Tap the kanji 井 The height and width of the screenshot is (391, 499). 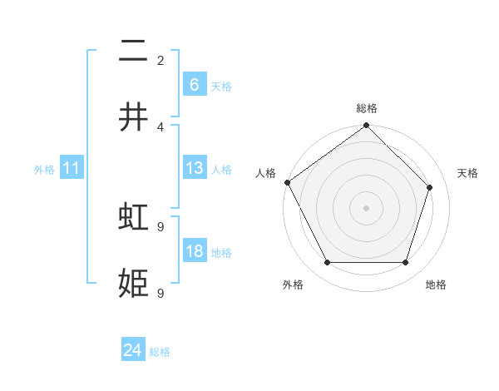tap(133, 117)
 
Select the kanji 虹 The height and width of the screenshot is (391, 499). tap(133, 217)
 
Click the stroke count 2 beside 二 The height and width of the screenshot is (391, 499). tap(161, 60)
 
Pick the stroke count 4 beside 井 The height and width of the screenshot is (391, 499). tap(161, 126)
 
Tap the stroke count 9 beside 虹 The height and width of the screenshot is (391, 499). tap(161, 226)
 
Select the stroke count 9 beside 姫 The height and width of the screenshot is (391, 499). tap(161, 293)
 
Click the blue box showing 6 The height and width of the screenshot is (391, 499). tap(194, 84)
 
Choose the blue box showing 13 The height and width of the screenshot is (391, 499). tap(194, 168)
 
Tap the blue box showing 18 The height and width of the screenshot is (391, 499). tap(194, 251)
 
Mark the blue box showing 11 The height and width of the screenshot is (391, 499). tap(72, 168)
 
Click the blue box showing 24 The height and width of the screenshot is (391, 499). tap(133, 350)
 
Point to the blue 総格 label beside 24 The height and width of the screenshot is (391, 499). tap(160, 352)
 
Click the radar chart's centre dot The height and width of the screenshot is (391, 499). tap(366, 208)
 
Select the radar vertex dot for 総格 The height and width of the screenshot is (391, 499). tap(366, 126)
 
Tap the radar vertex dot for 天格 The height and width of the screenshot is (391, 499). tap(430, 187)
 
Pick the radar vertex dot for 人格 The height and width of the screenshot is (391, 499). tap(288, 182)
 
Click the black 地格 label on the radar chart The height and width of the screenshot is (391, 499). tap(436, 285)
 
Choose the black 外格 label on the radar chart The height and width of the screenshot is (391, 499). tap(293, 285)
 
